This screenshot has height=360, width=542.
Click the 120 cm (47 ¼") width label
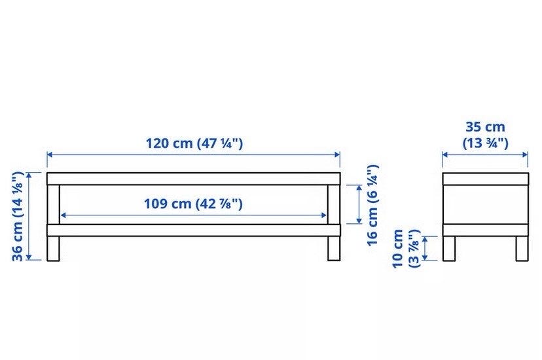(x=194, y=143)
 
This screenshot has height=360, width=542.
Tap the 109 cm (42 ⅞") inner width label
(x=193, y=204)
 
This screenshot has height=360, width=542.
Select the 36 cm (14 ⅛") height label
(x=17, y=216)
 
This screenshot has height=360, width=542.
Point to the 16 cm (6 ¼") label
(x=372, y=205)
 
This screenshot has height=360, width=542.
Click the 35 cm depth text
(x=485, y=127)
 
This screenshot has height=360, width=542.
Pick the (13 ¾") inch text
(x=485, y=143)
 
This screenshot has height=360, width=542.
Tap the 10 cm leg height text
(x=398, y=248)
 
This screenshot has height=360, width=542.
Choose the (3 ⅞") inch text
(x=414, y=249)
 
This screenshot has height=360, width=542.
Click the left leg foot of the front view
(x=53, y=249)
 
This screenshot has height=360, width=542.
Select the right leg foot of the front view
(x=334, y=249)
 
